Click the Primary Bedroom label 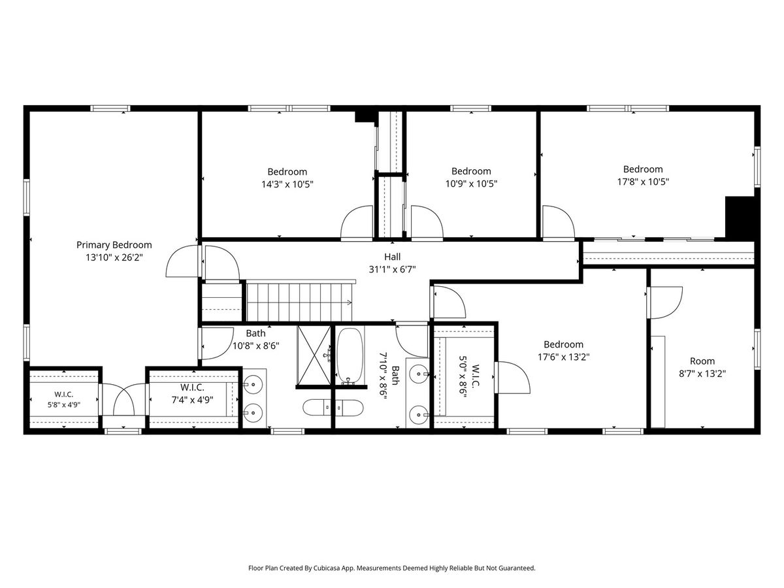114,245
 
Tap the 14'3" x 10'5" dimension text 287,184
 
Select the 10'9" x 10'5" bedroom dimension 471,184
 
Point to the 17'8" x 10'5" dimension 643,182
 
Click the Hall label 392,257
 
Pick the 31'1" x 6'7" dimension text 392,269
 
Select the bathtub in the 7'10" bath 350,356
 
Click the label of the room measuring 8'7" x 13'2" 702,361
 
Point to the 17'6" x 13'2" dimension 564,357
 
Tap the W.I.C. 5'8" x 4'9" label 64,399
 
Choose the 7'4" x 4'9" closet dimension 193,400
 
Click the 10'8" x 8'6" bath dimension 255,346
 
